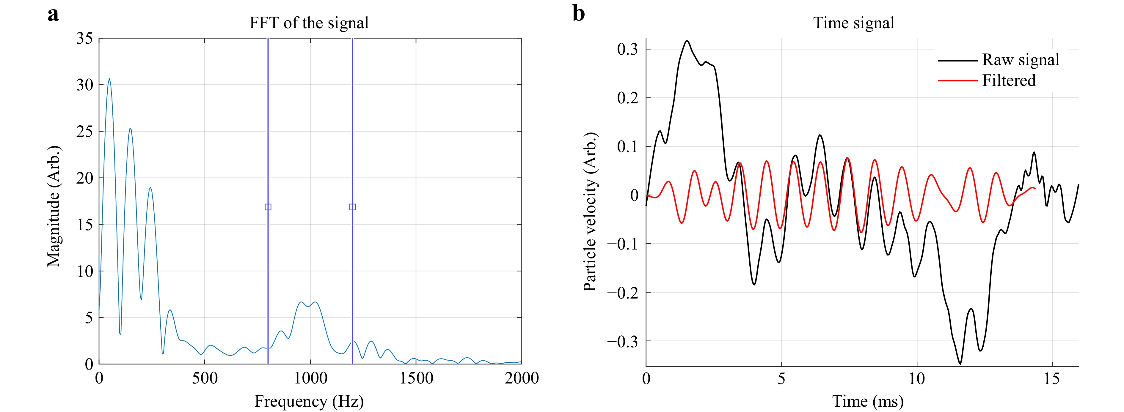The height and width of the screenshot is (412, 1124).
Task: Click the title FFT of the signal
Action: pos(309,23)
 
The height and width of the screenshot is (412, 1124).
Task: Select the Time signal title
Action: pos(853,23)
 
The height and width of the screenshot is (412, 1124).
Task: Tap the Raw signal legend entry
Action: pos(1020,60)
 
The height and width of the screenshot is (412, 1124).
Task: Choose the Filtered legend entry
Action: pos(1008,80)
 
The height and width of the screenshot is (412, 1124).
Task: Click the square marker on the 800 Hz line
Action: pos(268,207)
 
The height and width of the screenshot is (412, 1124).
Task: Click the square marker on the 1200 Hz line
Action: pos(353,207)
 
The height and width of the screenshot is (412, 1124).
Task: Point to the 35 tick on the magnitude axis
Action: pos(85,38)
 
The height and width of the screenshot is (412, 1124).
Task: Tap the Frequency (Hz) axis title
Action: pos(309,401)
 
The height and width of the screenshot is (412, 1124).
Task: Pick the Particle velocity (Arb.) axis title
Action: pos(590,211)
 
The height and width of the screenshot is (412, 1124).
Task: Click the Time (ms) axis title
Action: pos(867,401)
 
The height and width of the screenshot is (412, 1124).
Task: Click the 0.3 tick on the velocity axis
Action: pos(627,49)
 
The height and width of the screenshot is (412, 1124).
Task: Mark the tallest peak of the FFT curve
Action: pos(109,79)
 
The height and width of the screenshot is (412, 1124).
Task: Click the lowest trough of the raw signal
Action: pos(960,364)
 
